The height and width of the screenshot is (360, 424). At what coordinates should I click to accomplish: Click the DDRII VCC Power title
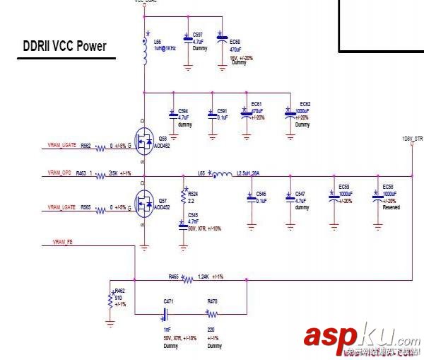point(65,47)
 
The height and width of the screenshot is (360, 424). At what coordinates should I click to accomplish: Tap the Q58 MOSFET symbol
point(143,144)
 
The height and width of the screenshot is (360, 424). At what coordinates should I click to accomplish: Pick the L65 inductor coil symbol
point(223,174)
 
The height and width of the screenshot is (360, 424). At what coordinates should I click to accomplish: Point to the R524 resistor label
point(194,193)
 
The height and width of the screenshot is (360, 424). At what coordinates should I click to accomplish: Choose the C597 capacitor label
point(198,34)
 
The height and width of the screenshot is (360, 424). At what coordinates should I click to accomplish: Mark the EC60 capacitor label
point(235,42)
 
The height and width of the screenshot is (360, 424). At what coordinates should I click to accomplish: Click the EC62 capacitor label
point(305,104)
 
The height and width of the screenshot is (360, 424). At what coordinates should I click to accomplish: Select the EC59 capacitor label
point(344,187)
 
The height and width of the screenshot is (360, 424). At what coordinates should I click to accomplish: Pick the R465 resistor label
point(173,276)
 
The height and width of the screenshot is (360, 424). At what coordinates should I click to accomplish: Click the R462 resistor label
point(119,291)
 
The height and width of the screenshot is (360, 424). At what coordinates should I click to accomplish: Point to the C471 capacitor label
point(168,301)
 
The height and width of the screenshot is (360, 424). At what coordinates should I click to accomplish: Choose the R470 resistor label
point(212,301)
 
